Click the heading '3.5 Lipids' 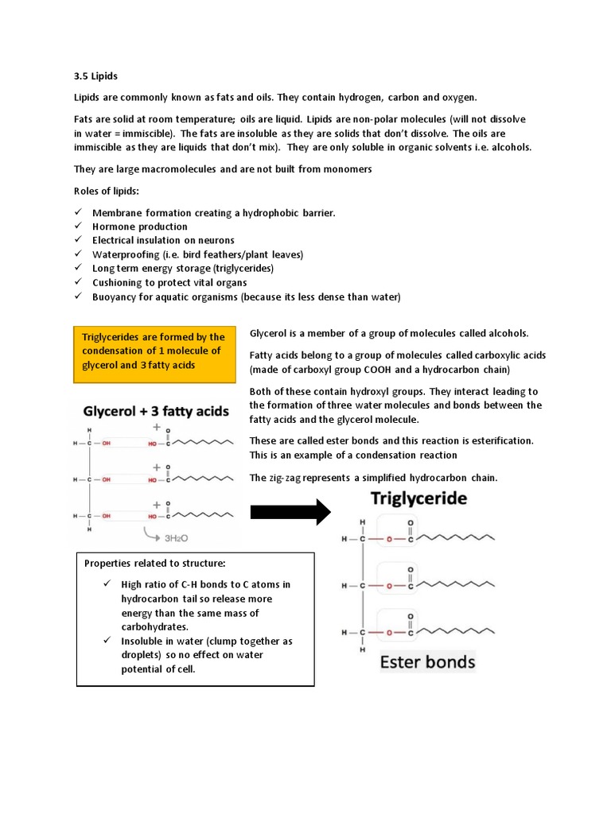95,76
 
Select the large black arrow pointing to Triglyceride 290,511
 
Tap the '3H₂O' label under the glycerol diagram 177,537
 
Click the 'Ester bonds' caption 427,661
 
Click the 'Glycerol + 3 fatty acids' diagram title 157,412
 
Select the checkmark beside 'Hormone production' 78,227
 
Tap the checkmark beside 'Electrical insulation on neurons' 78,240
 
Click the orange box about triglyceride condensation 156,351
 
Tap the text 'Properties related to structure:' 155,564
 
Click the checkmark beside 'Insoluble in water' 107,641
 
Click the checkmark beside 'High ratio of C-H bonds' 107,584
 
